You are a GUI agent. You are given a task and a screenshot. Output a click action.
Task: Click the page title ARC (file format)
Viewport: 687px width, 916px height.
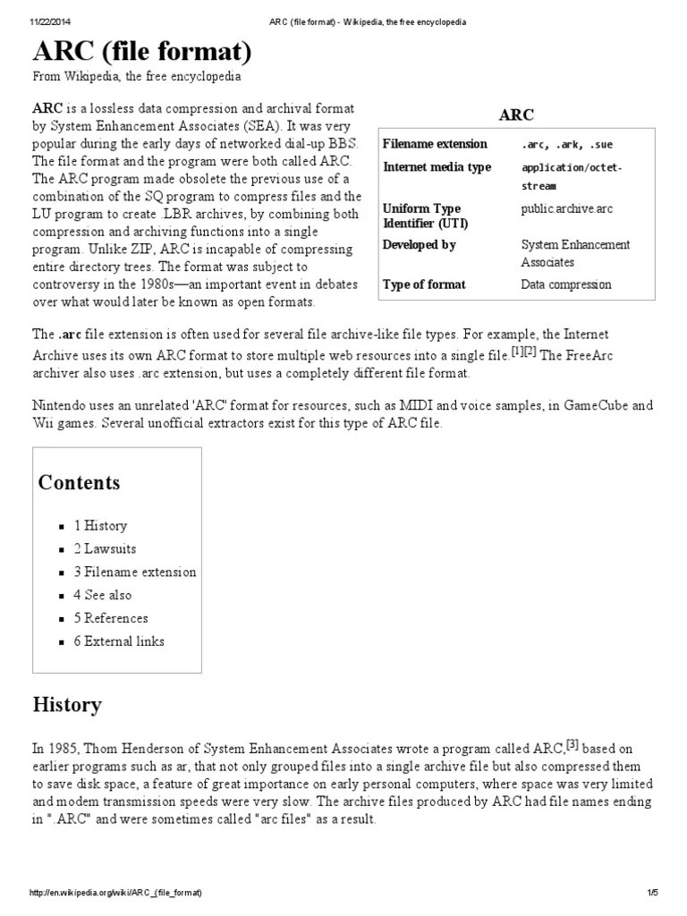(142, 50)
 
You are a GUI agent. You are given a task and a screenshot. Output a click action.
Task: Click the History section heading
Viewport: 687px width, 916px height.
(67, 705)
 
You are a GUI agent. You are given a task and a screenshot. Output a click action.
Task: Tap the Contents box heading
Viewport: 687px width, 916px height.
(79, 483)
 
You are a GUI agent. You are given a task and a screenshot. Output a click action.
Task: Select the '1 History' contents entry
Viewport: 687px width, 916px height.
(100, 526)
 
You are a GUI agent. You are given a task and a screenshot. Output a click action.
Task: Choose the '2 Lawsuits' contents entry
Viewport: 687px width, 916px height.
(105, 549)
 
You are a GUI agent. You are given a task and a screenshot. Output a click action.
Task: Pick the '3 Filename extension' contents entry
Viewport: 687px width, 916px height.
(134, 572)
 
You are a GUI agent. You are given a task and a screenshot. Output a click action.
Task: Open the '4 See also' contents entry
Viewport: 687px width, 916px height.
(102, 595)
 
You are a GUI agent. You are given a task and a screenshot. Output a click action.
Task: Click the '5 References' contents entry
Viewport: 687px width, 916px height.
(111, 618)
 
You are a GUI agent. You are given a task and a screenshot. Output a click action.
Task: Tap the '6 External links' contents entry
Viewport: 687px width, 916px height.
(119, 641)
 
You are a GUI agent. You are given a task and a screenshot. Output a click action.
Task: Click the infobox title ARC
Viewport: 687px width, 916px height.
(516, 115)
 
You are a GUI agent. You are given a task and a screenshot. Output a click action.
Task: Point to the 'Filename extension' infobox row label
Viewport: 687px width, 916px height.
(435, 144)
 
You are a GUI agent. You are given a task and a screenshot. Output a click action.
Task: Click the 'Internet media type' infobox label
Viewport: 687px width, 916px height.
(437, 167)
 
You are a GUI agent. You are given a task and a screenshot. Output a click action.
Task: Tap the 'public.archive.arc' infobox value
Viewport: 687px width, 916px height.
(566, 209)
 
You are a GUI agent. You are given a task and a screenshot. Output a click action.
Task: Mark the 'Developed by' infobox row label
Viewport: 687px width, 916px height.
(419, 245)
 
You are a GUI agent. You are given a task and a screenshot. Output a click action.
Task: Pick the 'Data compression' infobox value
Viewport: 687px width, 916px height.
(566, 285)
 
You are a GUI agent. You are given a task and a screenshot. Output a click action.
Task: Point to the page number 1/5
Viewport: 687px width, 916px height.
(652, 894)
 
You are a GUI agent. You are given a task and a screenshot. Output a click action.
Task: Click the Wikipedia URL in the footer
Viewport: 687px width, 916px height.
(115, 894)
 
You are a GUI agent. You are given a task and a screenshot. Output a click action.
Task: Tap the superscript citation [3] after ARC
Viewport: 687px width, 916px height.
(573, 744)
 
